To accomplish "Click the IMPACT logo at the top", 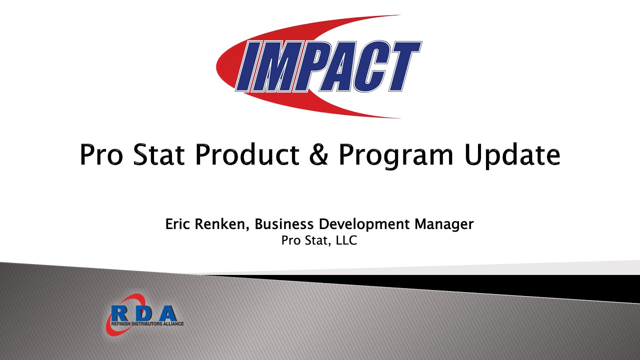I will pos(320,66).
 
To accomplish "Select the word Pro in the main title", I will pos(100,154).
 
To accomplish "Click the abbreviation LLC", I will pos(346,240).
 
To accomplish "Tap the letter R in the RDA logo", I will pos(119,313).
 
